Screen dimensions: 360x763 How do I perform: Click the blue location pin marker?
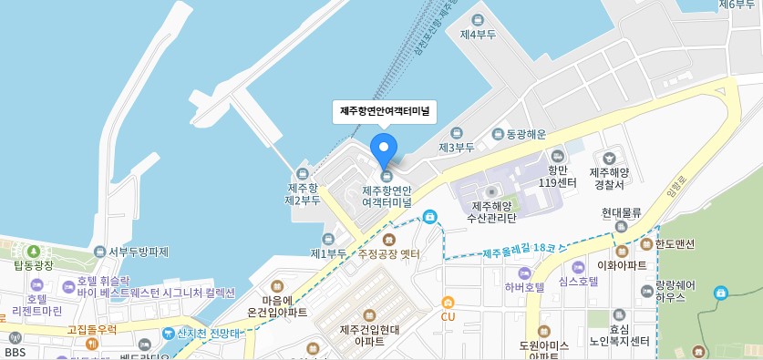coord(385,147)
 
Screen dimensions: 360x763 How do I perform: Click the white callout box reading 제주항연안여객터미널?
coord(385,111)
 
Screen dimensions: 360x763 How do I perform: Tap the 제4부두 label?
coord(478,35)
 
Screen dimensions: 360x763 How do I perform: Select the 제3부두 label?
coord(457,146)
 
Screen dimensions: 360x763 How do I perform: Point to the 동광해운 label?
coord(525,134)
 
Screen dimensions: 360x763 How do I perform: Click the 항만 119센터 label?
coord(558,176)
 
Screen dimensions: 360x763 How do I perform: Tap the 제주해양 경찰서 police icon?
coord(609,159)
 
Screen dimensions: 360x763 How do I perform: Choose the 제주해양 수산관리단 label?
coord(491,211)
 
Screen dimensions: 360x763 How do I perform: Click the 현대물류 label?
coord(622,212)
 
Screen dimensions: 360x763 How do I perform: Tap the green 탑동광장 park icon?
coord(34,251)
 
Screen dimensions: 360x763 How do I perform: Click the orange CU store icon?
coord(448,303)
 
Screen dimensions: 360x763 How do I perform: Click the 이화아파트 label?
coord(622,265)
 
